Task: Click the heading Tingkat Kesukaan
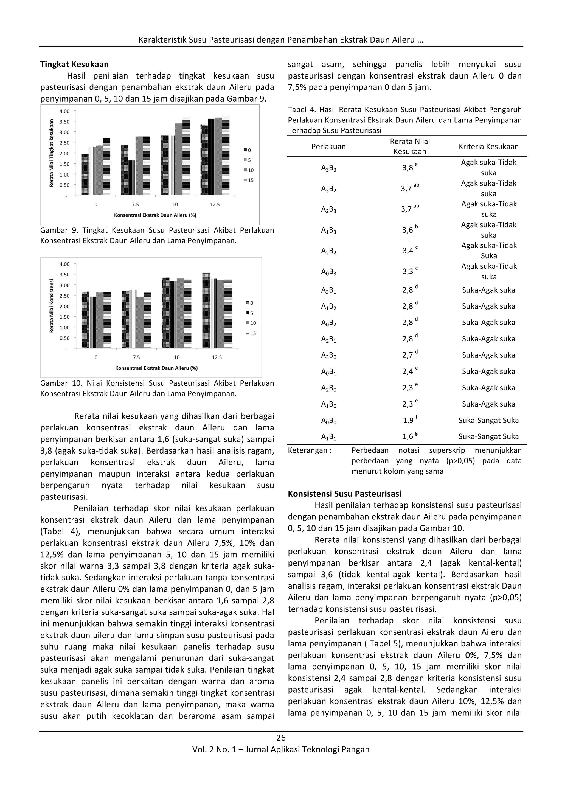tap(74, 65)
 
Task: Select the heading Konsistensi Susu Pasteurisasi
tap(344, 493)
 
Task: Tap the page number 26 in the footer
tap(281, 738)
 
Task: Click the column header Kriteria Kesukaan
tap(488, 147)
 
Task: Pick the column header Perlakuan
tap(328, 147)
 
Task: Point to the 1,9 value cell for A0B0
tap(408, 420)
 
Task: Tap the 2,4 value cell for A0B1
tap(408, 371)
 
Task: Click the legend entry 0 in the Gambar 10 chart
tap(249, 303)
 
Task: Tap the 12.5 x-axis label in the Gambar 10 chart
tap(217, 357)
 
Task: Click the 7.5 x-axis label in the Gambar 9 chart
tap(135, 205)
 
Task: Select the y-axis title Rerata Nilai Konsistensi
tap(52, 306)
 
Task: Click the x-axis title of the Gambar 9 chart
tap(155, 215)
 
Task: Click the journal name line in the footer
tap(281, 750)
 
